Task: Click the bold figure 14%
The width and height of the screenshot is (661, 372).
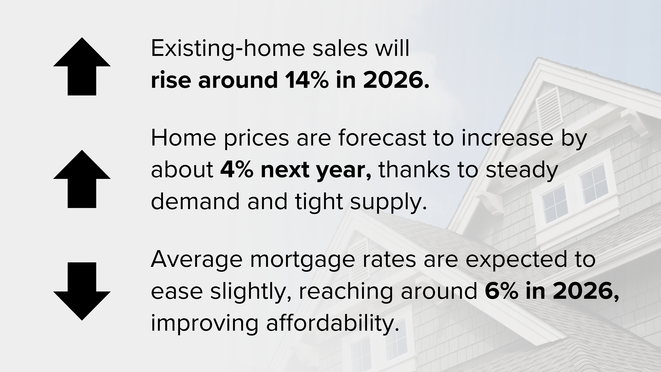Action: [x=307, y=80]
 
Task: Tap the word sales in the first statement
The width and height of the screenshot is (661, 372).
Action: [x=340, y=49]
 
